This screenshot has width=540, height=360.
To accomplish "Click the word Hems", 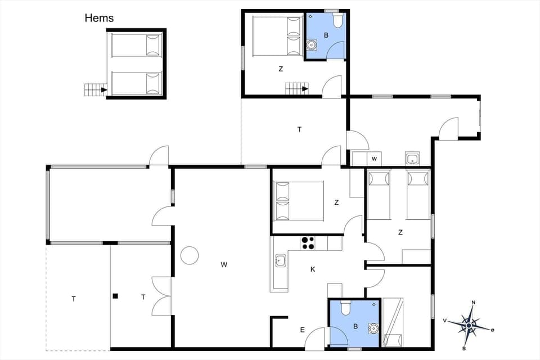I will [99, 18].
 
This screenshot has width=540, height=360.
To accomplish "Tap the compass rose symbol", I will [469, 325].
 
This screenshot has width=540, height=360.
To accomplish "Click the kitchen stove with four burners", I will [308, 242].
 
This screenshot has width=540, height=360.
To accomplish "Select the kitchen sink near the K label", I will [280, 260].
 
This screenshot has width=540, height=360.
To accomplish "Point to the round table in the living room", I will [190, 255].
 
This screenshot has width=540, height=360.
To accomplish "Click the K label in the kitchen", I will [313, 269].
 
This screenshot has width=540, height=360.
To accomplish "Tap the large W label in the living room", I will [224, 264].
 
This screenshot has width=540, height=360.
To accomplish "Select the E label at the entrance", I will [302, 330].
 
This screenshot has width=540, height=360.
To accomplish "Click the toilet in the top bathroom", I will [337, 21].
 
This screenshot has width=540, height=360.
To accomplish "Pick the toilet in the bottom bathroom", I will [346, 308].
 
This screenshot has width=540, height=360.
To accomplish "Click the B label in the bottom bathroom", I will [355, 325].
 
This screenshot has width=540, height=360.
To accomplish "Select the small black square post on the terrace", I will [115, 296].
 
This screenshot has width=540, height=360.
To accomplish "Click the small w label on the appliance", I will [374, 159].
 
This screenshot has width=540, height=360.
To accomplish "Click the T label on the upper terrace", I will [299, 129].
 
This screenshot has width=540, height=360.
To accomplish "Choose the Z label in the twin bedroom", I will [400, 232].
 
